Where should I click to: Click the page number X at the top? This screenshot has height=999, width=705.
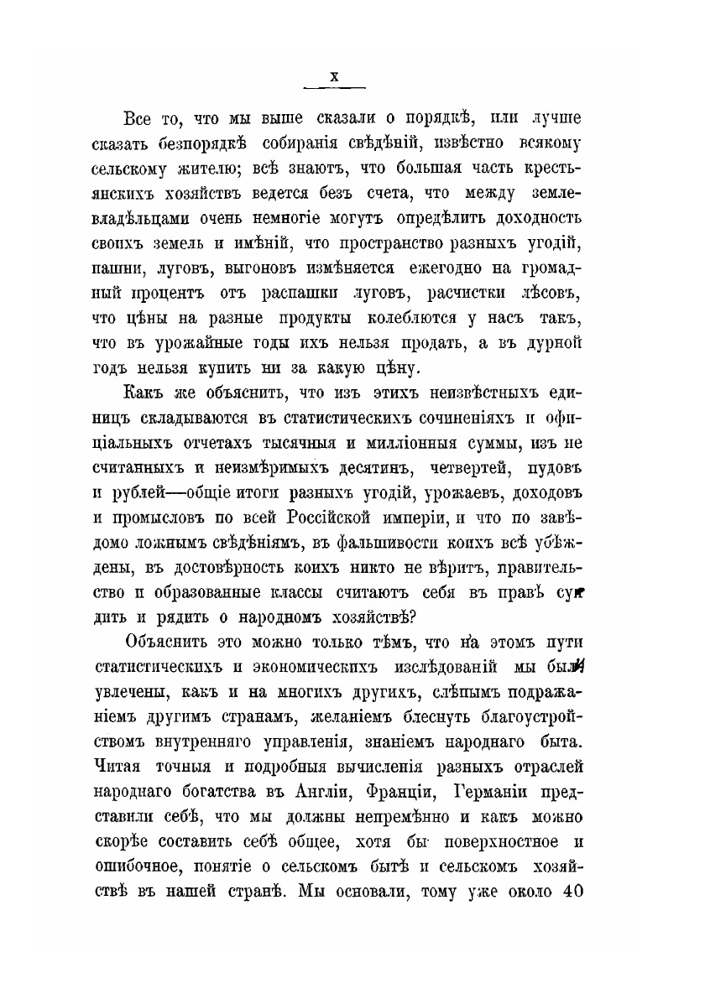click(x=334, y=76)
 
